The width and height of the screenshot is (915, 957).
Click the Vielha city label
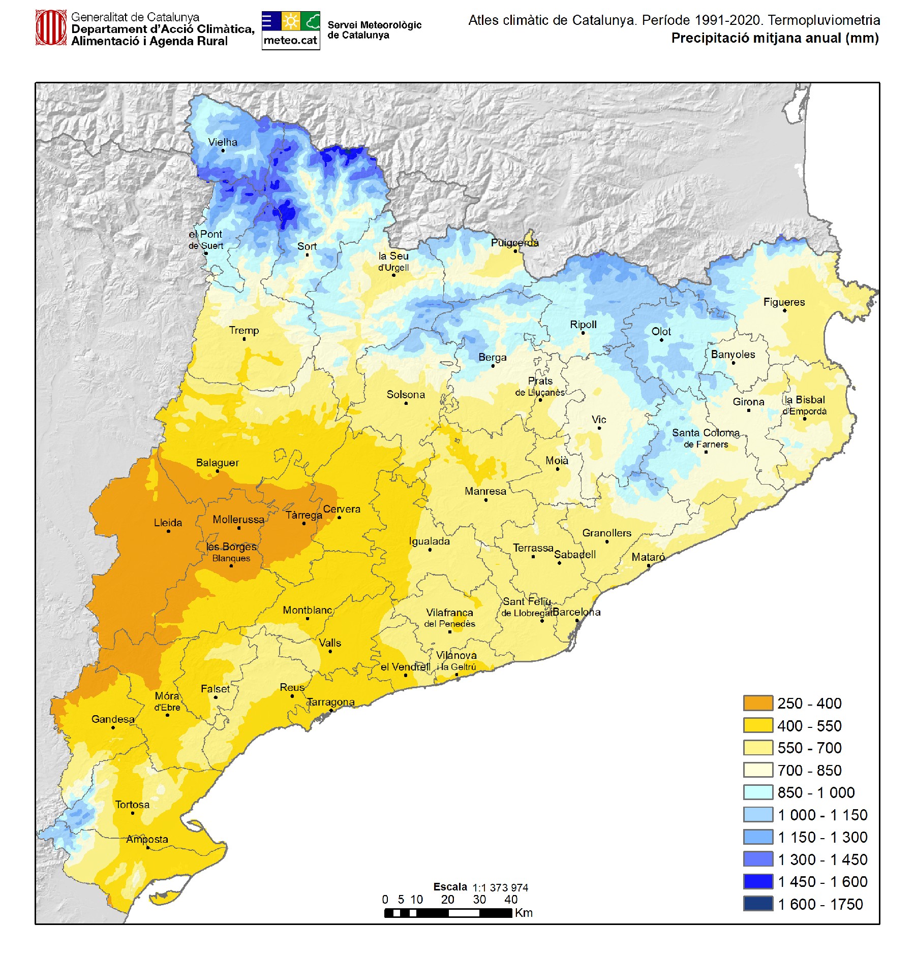pyautogui.click(x=223, y=142)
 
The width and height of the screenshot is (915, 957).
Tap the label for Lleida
pyautogui.click(x=168, y=523)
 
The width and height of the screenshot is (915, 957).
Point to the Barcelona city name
pyautogui.click(x=576, y=612)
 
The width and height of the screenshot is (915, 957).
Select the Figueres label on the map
pyautogui.click(x=784, y=302)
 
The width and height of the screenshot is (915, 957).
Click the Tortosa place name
pyautogui.click(x=132, y=805)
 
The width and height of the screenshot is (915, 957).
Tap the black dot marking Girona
pyautogui.click(x=748, y=410)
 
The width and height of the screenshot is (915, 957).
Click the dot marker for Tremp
pyautogui.click(x=244, y=339)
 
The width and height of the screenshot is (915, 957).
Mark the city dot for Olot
pyautogui.click(x=661, y=340)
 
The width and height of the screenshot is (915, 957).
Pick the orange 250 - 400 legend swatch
pyautogui.click(x=758, y=703)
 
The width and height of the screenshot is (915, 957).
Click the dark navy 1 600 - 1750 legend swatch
pyautogui.click(x=758, y=904)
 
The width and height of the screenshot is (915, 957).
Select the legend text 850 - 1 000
pyautogui.click(x=816, y=792)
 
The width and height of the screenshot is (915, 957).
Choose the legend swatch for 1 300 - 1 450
pyautogui.click(x=758, y=859)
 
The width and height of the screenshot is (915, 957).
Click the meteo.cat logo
pyautogui.click(x=291, y=30)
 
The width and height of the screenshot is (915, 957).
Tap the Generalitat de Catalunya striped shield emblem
pyautogui.click(x=51, y=28)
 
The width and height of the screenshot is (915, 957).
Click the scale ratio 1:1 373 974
pyautogui.click(x=500, y=887)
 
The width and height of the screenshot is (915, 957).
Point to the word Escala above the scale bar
pyautogui.click(x=450, y=887)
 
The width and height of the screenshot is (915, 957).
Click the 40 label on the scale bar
pyautogui.click(x=511, y=900)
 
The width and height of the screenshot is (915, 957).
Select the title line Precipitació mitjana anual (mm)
pyautogui.click(x=775, y=38)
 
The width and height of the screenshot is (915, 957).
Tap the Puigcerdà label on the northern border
pyautogui.click(x=514, y=243)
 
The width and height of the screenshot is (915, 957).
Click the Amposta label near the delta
pyautogui.click(x=147, y=839)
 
